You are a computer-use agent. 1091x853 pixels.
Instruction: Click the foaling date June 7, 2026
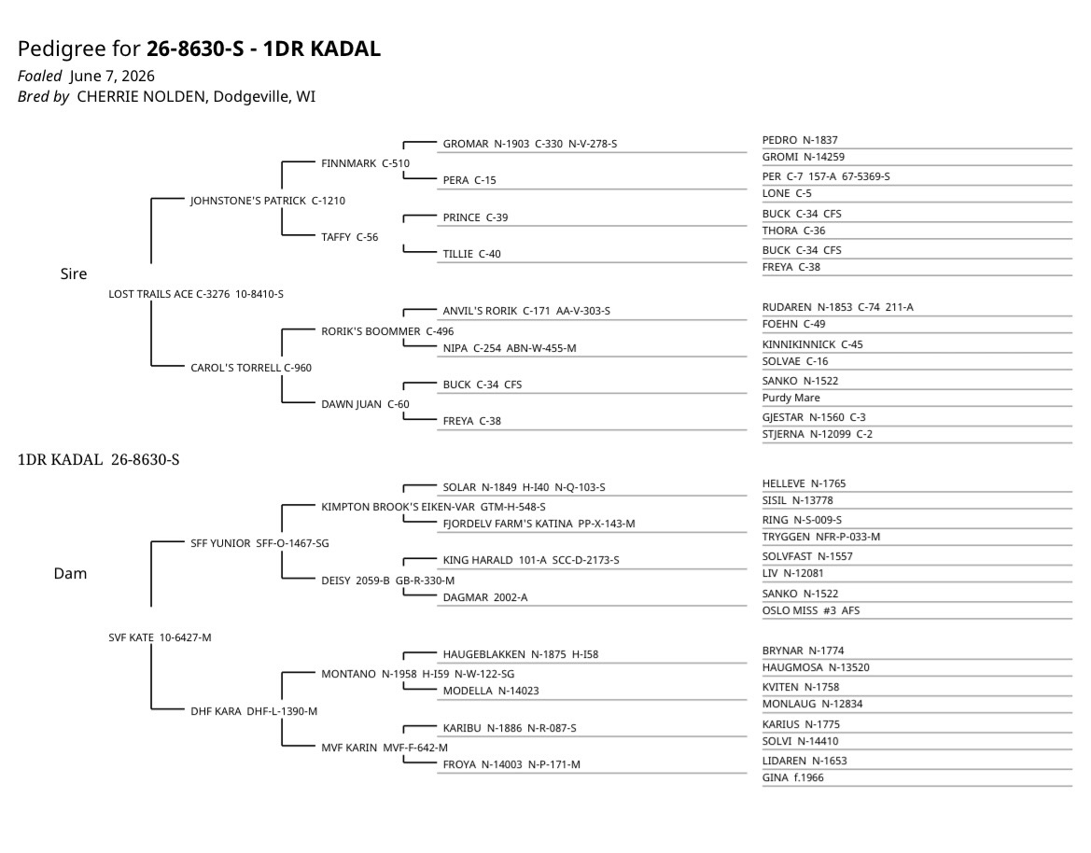[112, 76]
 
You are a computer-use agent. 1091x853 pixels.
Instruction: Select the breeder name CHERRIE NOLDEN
[141, 96]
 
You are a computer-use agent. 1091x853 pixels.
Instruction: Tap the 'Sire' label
[74, 274]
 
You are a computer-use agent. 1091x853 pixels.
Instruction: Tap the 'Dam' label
[70, 573]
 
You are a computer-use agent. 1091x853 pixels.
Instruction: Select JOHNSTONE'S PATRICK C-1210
[268, 201]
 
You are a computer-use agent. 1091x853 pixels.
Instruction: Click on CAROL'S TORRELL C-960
[251, 368]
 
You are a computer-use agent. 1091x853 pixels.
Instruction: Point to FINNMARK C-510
[365, 163]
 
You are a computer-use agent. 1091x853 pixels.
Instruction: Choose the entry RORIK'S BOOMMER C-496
[387, 331]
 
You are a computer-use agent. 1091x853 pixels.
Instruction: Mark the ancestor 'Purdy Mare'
[791, 398]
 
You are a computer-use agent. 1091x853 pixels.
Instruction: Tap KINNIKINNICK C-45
[813, 344]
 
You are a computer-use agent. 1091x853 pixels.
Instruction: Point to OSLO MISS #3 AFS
[811, 611]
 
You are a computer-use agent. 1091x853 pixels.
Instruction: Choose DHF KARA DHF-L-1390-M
[254, 711]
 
